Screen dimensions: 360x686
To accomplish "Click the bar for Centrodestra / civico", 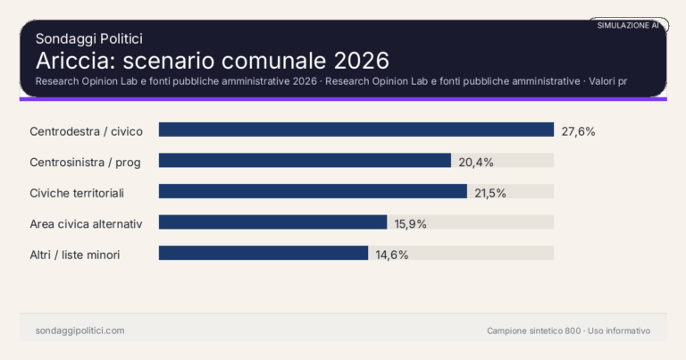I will point(356,130).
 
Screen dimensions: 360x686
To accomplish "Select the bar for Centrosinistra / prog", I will point(305,161).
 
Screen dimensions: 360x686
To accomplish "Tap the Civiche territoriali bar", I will point(313,192).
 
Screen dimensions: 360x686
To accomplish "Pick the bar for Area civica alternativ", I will point(272,222).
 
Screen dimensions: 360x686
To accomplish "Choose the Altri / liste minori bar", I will point(264,254).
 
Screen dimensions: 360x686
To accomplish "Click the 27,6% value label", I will point(578,131).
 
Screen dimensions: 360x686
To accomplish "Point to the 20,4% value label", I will point(476,162).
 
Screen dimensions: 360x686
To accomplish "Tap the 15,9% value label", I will point(409,223).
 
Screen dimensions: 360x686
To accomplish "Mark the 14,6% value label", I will point(391,255).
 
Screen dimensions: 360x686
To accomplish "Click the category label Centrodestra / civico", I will point(86,131).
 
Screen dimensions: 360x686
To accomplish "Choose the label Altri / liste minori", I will point(75,255).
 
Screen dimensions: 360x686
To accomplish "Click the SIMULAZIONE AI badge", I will point(628,26).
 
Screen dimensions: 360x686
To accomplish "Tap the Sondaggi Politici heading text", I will point(89,38).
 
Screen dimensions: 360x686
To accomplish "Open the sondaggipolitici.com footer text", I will point(79,331).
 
